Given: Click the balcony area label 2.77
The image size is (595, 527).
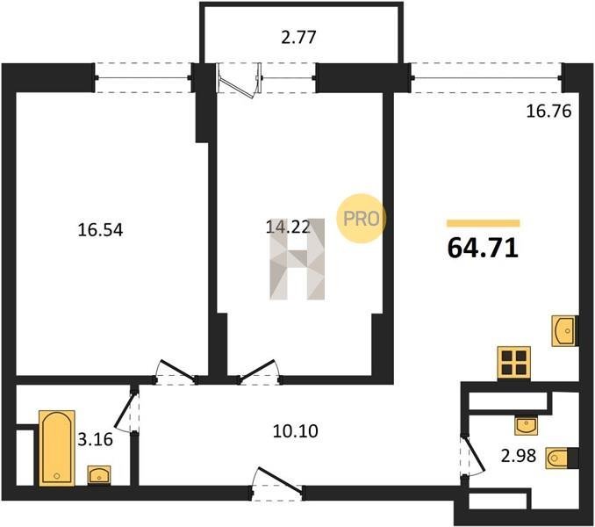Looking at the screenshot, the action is coord(298,38).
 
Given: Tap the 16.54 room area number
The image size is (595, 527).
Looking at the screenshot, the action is coord(100,230).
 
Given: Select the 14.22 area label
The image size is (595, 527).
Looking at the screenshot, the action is coord(288,227).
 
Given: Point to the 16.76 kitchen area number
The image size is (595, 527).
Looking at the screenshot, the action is coord(548,112).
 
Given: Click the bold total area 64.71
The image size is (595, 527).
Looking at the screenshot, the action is coord(483,248).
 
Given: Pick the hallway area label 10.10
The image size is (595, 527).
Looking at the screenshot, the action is coord(296,431).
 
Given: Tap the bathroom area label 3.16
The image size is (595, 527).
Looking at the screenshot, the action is coord(96,439).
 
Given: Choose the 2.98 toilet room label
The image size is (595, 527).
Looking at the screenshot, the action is coord(519,455).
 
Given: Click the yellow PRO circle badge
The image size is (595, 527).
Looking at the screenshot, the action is coord(361,219).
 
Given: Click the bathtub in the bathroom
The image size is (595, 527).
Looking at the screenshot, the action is coord(57,448).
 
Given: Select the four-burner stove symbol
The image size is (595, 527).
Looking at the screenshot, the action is coord(513,363).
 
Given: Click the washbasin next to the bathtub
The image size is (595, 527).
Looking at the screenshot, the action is coord(99,475).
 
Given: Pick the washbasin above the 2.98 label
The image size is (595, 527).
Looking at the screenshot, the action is coord(527,425).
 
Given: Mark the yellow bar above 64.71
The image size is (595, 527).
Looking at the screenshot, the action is coord(483,223).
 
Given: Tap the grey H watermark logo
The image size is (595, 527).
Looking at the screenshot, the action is coord(297,259).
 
